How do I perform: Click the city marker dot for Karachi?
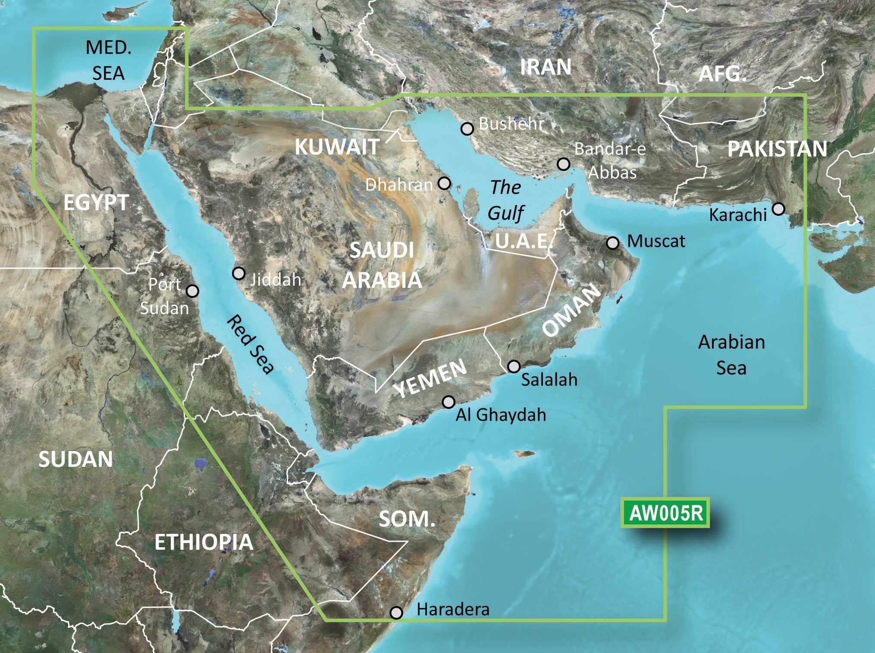778,209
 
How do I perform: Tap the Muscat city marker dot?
612,243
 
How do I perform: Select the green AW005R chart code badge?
666,513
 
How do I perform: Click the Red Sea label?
250,344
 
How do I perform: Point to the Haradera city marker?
396,612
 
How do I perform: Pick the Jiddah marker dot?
238,273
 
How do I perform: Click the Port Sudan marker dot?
192,291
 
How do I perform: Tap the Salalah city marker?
514,366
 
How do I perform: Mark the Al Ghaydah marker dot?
448,402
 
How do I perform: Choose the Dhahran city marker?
444,183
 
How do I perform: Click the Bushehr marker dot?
467,129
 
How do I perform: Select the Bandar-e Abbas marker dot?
563,164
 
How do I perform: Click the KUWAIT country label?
337,147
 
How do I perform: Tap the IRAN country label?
546,67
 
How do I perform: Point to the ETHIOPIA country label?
204,542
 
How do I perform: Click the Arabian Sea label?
731,355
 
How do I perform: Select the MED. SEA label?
108,60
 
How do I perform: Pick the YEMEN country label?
430,379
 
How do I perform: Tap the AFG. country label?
722,74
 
